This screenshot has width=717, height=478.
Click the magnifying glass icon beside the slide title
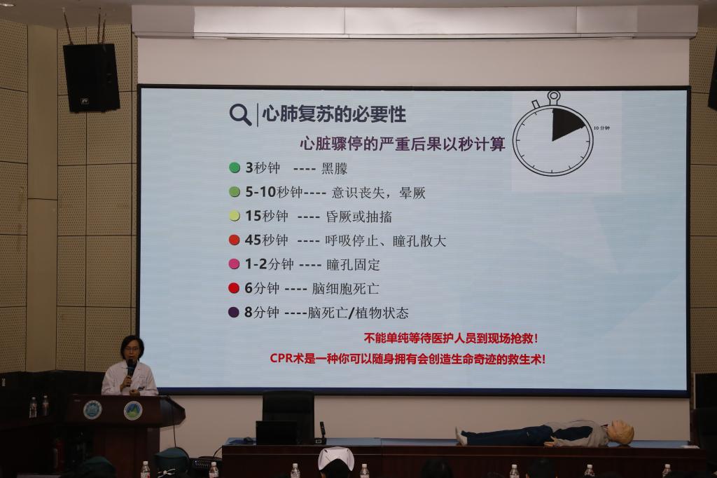(x=240, y=114)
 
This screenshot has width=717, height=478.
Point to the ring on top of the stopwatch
(x=554, y=96)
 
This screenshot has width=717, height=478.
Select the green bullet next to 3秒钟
(x=235, y=168)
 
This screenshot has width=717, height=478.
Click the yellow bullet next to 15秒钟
(x=235, y=216)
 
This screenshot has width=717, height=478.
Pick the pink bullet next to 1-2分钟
(x=234, y=264)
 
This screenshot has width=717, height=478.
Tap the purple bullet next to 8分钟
(x=234, y=313)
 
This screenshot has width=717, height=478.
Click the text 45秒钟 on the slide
(x=267, y=240)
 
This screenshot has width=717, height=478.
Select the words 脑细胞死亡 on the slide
(x=346, y=289)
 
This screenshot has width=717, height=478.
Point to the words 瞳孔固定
(x=353, y=264)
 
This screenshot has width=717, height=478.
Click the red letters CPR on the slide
(x=281, y=358)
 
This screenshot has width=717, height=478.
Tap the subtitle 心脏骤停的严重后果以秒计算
(x=403, y=144)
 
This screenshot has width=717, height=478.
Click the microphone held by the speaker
(x=130, y=367)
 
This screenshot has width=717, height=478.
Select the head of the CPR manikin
(x=621, y=432)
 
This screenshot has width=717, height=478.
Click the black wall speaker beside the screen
(x=92, y=77)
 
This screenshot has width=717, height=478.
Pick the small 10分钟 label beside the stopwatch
(x=601, y=128)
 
